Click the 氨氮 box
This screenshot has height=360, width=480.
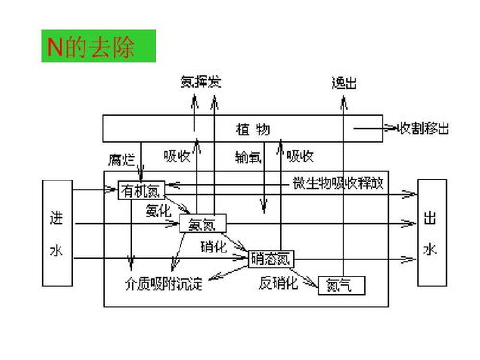tap(202, 225)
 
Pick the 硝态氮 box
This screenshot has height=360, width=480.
tap(271, 257)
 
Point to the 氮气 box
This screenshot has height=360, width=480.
tap(341, 284)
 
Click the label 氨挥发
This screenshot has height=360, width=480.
tap(201, 84)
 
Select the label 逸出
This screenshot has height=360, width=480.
tap(344, 84)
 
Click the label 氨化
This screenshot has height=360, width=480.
tap(158, 209)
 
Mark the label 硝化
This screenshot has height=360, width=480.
tap(213, 247)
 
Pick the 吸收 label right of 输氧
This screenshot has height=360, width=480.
tap(300, 156)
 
